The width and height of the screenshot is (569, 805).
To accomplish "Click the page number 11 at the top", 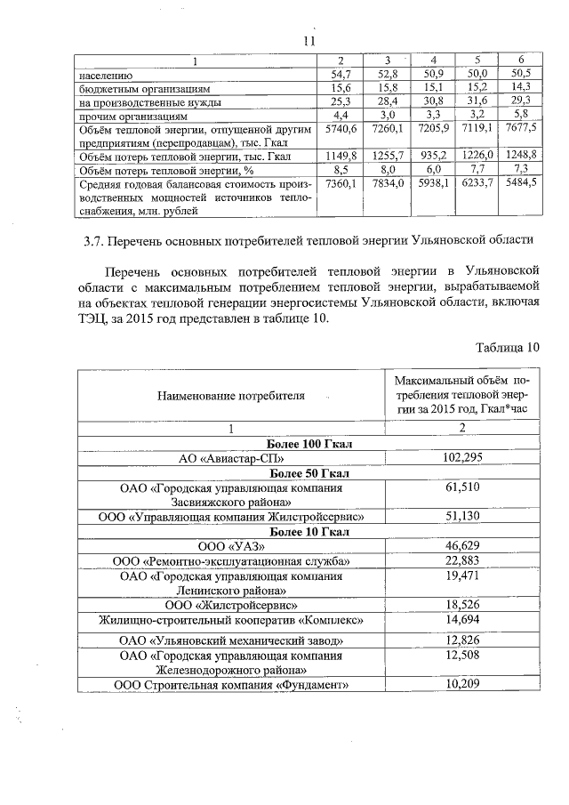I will pos(309,41).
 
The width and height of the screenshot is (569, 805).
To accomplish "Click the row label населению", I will pos(87,75).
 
